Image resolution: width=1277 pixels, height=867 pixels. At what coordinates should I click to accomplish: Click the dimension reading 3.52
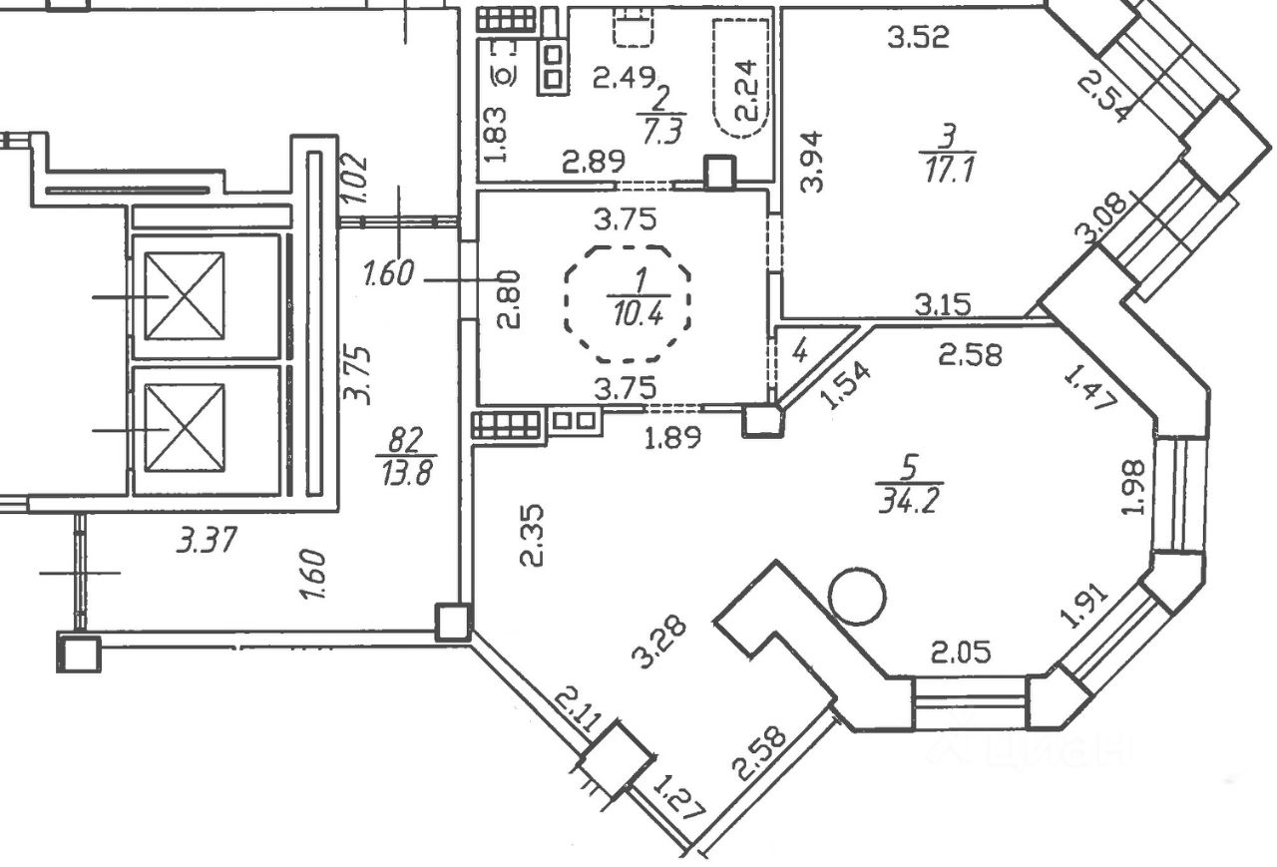(x=918, y=38)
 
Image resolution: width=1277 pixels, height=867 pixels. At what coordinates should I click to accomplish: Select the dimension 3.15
(x=943, y=303)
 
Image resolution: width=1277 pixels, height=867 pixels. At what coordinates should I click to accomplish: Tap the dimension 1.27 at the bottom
(x=678, y=798)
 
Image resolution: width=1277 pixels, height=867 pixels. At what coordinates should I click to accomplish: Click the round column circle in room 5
(x=857, y=597)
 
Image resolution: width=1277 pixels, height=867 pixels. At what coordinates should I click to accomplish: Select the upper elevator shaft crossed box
(x=184, y=295)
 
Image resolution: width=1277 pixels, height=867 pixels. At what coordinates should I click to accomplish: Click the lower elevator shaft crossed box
(x=184, y=428)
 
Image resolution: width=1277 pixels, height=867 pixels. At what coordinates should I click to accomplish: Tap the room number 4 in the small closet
(x=798, y=352)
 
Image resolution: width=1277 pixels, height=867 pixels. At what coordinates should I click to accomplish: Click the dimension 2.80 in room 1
(x=507, y=294)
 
